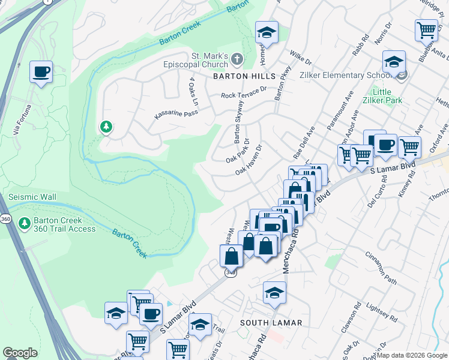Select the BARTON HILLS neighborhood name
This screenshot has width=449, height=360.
[244, 76]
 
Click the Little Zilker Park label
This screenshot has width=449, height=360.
[386, 97]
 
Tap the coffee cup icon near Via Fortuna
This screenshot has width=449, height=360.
[41, 72]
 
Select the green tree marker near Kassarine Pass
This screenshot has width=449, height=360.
[106, 127]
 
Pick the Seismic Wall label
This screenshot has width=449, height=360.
[32, 197]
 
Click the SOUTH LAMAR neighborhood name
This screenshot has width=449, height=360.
[271, 323]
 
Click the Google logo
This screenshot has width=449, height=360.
[20, 353]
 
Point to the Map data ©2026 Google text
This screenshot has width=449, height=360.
[412, 355]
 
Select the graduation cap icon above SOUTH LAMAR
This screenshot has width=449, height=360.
[274, 292]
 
